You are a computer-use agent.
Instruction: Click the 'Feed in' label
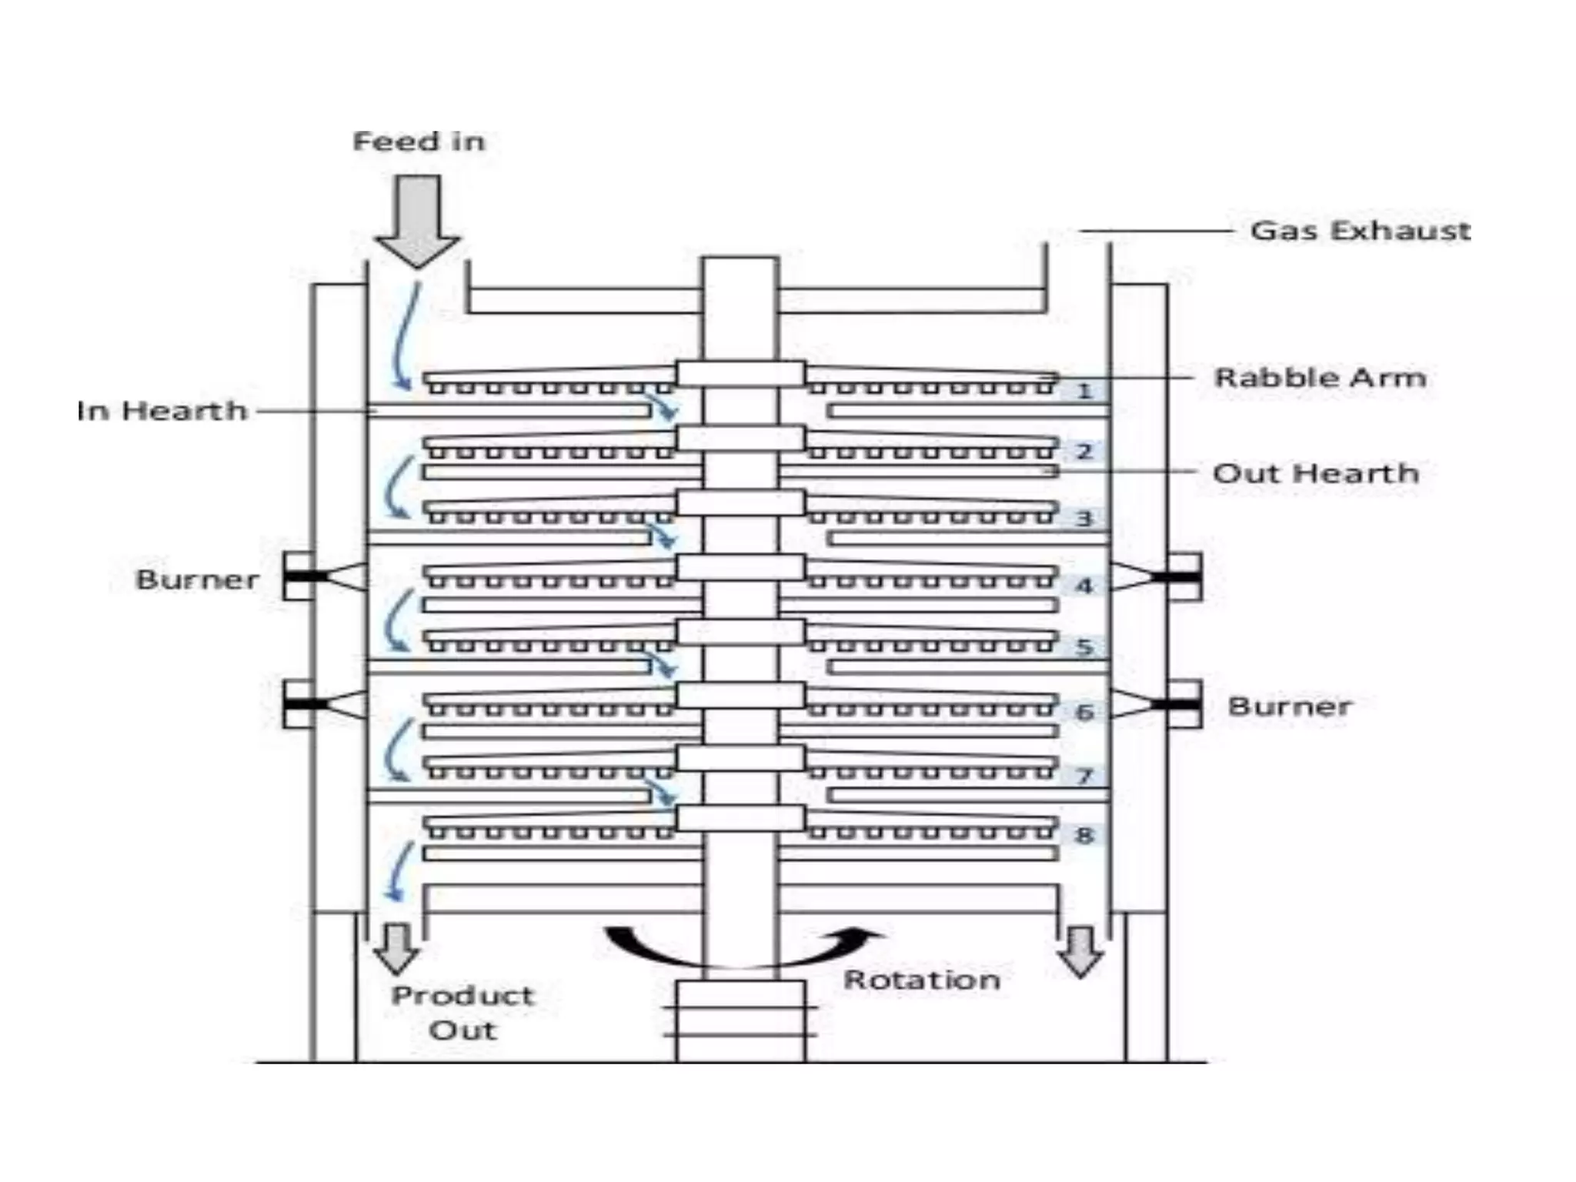click(419, 142)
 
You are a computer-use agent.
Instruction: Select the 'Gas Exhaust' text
click(1360, 231)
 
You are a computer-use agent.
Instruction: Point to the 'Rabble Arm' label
click(1320, 378)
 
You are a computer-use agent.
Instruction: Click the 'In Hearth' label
click(162, 411)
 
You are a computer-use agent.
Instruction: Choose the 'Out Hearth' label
click(1316, 473)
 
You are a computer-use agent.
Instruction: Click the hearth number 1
click(1084, 392)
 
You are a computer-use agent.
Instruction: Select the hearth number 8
click(1084, 835)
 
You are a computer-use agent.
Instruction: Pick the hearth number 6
click(1084, 712)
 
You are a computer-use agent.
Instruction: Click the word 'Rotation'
click(922, 980)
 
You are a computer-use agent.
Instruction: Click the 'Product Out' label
click(462, 1013)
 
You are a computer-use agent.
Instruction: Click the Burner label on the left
click(198, 579)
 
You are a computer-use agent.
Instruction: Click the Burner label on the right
click(1290, 706)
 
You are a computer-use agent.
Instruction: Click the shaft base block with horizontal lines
click(740, 1020)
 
